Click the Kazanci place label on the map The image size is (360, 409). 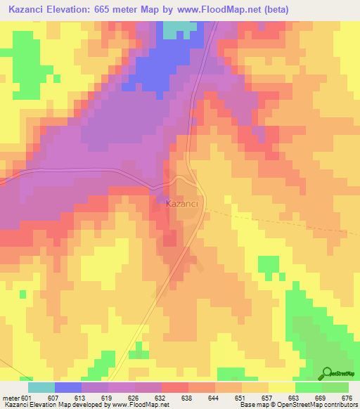185,204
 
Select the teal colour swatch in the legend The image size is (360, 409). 41,387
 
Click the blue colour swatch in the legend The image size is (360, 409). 68,387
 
